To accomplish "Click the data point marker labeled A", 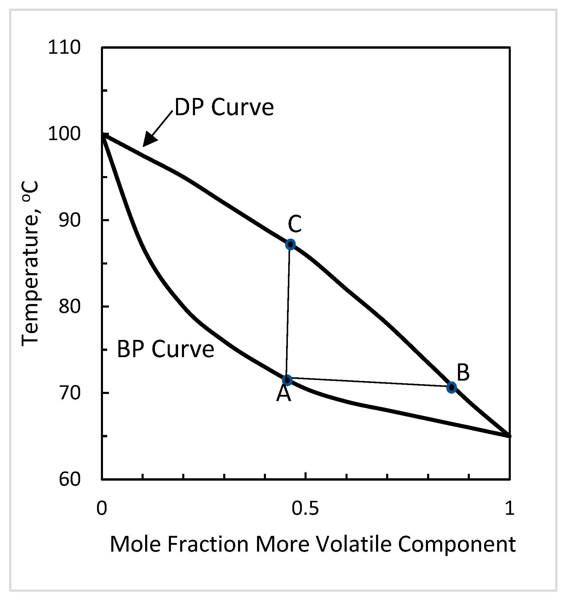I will point(287,380).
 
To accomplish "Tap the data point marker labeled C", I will point(290,244).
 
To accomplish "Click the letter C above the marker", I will point(294,224).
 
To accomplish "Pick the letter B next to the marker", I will point(463,372).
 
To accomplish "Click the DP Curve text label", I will point(224,107).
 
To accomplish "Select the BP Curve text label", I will point(165,349).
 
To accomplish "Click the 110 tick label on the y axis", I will point(64,48).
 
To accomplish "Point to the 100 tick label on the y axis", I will point(64,134).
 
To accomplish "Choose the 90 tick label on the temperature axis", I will point(70,220).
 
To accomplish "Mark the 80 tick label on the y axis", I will point(70,307).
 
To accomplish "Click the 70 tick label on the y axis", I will point(70,393).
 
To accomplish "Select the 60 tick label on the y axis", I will point(70,479).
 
